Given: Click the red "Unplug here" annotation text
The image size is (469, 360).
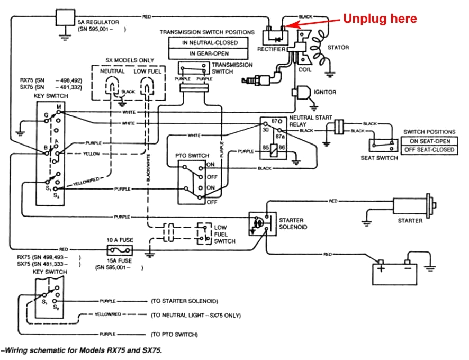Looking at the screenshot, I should [380, 19].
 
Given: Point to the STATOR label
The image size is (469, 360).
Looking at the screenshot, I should [338, 48].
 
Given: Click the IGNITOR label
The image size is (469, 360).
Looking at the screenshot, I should [325, 92].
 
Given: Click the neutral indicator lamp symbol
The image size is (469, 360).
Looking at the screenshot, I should [112, 84].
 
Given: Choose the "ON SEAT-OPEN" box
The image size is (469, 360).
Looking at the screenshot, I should [429, 141].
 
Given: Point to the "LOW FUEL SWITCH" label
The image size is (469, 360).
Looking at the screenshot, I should [224, 233].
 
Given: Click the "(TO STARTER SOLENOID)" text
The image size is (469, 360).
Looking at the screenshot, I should [184, 301].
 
